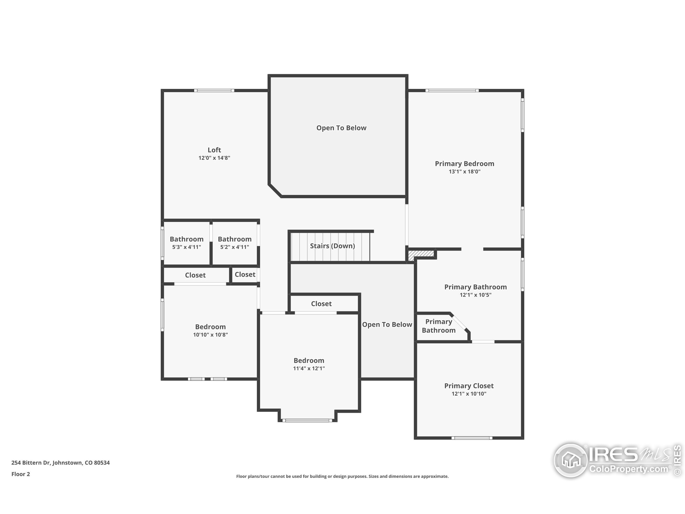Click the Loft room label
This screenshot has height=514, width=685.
click(x=214, y=150)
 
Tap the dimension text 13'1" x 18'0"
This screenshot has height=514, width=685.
click(x=465, y=172)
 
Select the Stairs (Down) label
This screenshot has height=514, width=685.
click(x=332, y=246)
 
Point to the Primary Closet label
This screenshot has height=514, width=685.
click(x=469, y=386)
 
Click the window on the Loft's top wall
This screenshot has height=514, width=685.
click(x=214, y=90)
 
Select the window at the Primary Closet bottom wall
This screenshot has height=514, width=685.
click(x=472, y=438)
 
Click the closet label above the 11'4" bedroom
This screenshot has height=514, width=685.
click(x=321, y=304)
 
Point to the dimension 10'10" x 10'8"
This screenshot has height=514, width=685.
click(x=210, y=335)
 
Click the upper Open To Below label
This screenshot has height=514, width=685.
click(x=341, y=128)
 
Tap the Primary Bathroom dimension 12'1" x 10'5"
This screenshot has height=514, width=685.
click(x=475, y=295)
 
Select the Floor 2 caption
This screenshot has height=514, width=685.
click(x=20, y=474)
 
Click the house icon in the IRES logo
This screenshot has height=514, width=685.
click(x=571, y=460)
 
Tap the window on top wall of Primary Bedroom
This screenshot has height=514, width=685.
click(x=452, y=90)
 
